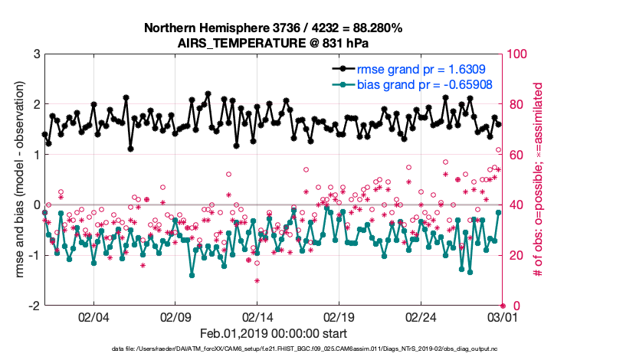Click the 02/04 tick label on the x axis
pos(93,316)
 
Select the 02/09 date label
pos(175,316)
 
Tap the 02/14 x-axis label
pos(257,316)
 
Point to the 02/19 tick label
pos(339,316)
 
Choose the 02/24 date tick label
pos(421,316)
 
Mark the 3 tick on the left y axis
pos(35,54)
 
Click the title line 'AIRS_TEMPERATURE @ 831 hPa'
pos(274,44)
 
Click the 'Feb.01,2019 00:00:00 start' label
pos(274,334)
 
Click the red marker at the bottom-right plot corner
pos(503,306)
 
